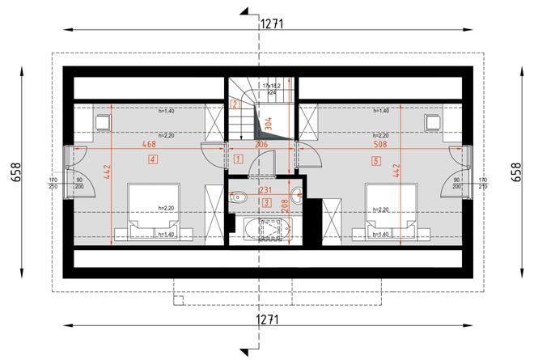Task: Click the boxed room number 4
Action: click(x=153, y=159)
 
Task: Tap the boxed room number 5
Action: click(x=375, y=160)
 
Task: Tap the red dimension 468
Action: click(x=148, y=144)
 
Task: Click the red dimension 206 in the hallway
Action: click(x=261, y=144)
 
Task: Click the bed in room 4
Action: click(x=150, y=210)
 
